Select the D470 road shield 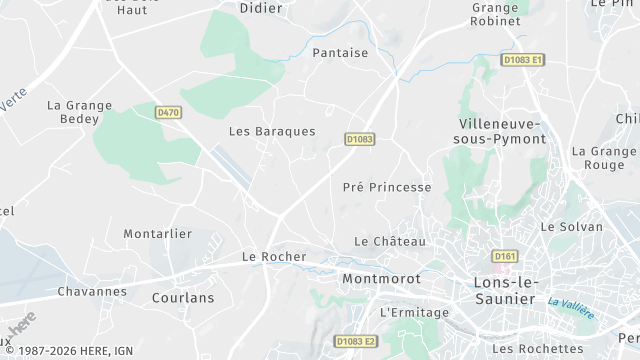click(x=168, y=113)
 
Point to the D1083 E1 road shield click(x=524, y=60)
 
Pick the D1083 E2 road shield click(x=356, y=342)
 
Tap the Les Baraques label click(x=271, y=131)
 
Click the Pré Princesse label click(x=387, y=187)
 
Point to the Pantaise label click(x=340, y=53)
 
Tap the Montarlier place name click(x=157, y=233)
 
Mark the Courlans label click(x=183, y=297)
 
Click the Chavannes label click(x=92, y=291)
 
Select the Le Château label click(x=390, y=241)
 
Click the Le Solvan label click(x=572, y=227)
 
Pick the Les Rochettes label click(x=538, y=348)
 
